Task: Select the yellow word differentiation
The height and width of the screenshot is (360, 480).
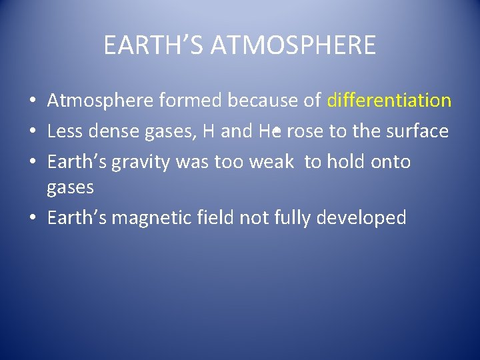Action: (389, 101)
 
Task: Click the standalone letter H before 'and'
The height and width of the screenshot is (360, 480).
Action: (208, 131)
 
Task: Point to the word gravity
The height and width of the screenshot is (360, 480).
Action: (139, 162)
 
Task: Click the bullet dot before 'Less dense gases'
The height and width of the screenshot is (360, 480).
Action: (32, 132)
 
